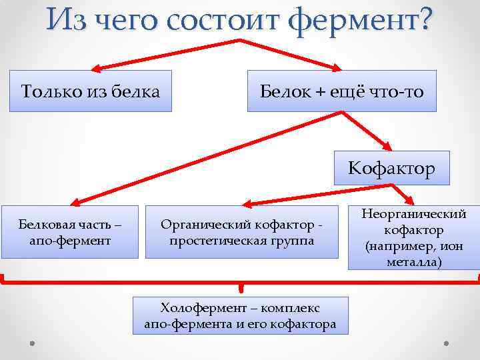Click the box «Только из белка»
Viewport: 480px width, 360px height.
click(x=91, y=91)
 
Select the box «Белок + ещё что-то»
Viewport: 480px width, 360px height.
click(x=342, y=91)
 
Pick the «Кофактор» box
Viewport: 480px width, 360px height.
click(x=391, y=168)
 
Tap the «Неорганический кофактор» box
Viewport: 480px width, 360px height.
click(x=413, y=237)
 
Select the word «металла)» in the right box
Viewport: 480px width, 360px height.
click(x=413, y=262)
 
